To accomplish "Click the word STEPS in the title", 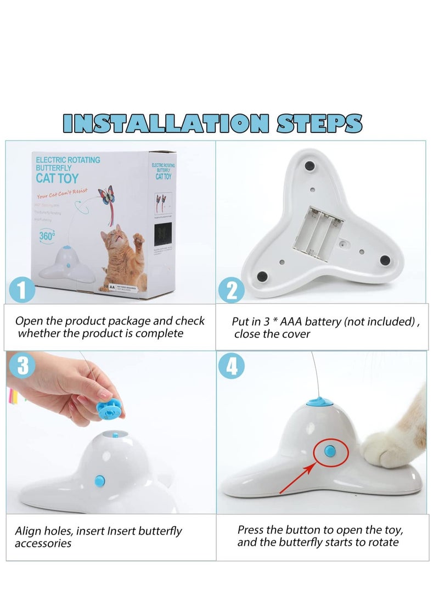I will (319, 123).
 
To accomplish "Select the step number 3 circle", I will (22, 366).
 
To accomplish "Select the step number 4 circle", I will (231, 366).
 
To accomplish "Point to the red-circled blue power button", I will (331, 451).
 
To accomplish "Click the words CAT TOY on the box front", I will (57, 178).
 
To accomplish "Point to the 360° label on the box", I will (47, 235).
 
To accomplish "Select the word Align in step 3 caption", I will (29, 531).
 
